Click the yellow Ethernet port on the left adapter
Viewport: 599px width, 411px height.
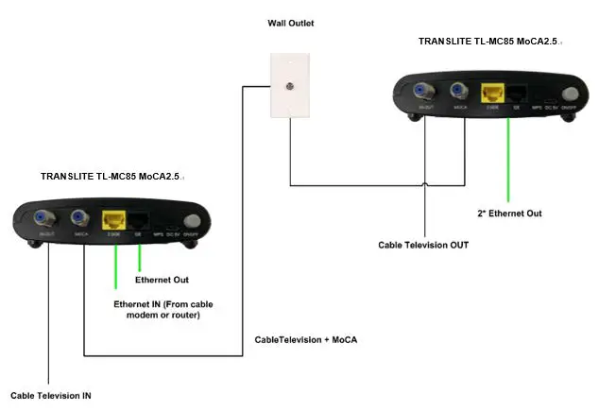click(x=114, y=220)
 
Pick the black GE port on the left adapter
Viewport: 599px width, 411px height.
click(x=138, y=220)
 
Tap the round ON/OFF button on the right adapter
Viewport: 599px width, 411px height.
click(x=570, y=94)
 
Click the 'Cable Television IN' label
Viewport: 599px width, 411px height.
click(x=51, y=395)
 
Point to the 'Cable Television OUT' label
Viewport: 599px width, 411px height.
click(x=423, y=245)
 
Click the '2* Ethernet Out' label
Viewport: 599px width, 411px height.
click(x=509, y=214)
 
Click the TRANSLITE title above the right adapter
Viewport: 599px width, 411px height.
click(x=488, y=42)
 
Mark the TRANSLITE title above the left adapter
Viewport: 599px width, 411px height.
click(x=111, y=177)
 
